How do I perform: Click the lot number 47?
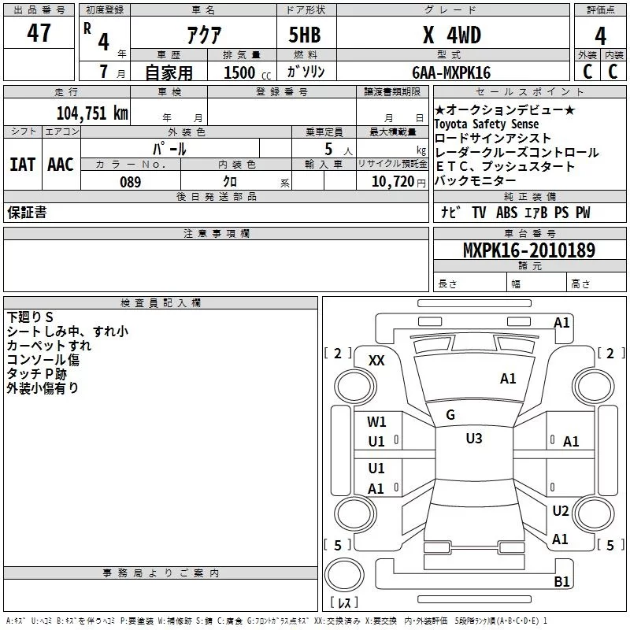tap(39, 34)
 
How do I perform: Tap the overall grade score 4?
tap(600, 35)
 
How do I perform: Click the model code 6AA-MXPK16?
tap(451, 72)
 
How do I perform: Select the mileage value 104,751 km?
tap(92, 113)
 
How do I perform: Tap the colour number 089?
tap(130, 182)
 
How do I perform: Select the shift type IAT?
tap(22, 165)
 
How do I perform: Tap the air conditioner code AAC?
tap(60, 165)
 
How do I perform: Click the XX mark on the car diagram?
tap(376, 360)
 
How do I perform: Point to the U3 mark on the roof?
tap(473, 439)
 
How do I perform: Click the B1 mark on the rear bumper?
tap(561, 581)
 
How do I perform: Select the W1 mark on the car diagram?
tap(376, 421)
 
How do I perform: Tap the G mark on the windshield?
tap(450, 415)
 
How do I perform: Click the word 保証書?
tap(27, 213)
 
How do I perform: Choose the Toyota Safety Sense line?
tap(487, 124)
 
